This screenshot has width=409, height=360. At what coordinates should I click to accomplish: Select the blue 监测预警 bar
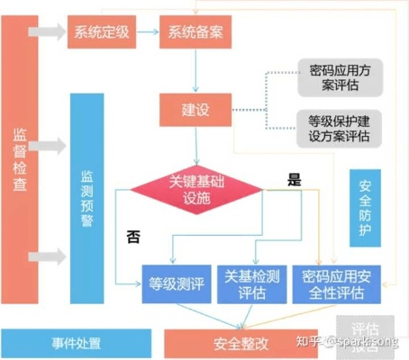pos(87,198)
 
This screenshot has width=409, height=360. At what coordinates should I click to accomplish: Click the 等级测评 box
pos(177,283)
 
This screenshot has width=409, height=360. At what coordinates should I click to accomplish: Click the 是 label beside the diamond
pos(293,179)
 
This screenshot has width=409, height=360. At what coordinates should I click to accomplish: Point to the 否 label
pos(133,238)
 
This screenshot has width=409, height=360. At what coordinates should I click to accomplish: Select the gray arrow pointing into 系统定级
pos(50,33)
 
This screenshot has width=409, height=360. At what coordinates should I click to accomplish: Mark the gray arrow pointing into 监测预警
pos(51,144)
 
